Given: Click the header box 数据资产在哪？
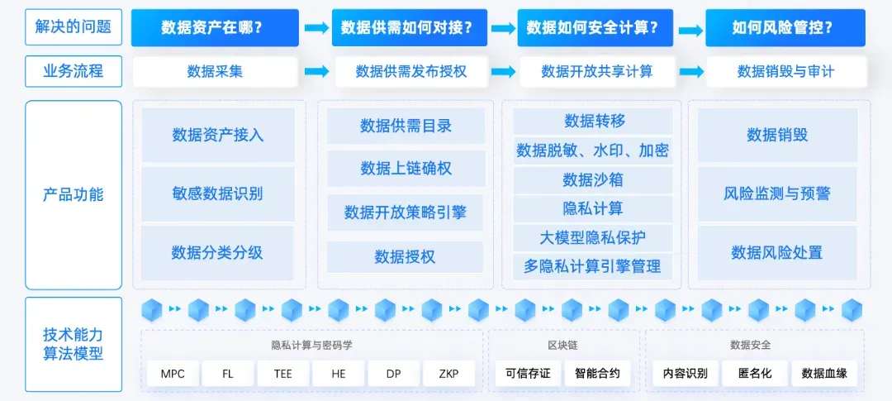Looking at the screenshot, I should click(x=212, y=27).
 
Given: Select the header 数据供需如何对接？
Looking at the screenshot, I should click(x=406, y=27).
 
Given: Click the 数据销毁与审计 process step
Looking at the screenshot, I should click(x=785, y=71).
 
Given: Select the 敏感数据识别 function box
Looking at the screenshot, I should click(x=218, y=193).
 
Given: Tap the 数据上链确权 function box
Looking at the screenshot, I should click(x=406, y=169).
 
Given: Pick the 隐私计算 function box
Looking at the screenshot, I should click(x=592, y=208).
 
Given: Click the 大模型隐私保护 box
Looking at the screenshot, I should click(x=592, y=237).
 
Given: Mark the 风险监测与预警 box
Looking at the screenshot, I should click(x=777, y=193).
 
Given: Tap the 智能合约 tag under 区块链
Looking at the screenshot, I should click(x=597, y=374).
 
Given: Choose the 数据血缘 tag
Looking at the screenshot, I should click(x=823, y=374).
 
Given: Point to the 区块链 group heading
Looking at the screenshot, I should click(x=563, y=344).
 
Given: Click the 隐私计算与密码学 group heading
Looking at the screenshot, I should click(x=311, y=344).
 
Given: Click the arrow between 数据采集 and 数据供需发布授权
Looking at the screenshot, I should click(x=316, y=72).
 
